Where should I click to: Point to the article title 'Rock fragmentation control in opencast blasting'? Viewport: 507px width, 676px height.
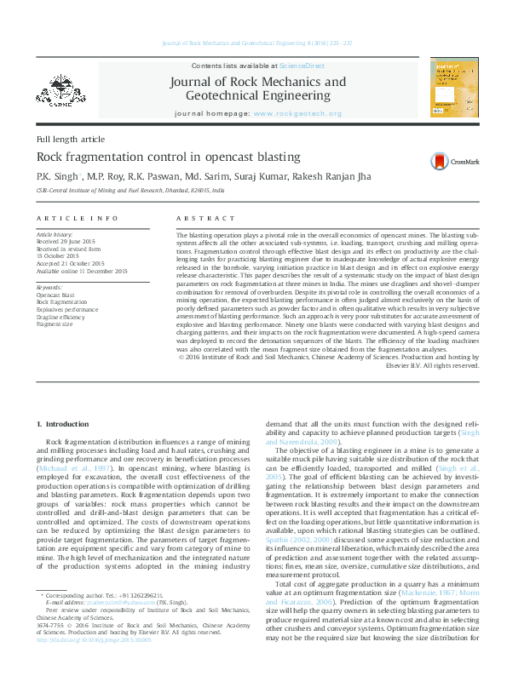point(168,157)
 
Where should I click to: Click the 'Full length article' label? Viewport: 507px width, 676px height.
point(71,138)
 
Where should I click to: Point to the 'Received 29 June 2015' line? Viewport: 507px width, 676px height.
point(65,241)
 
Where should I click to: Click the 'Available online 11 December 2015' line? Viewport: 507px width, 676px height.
point(82,271)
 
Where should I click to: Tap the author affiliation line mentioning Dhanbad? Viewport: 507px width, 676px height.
point(130,192)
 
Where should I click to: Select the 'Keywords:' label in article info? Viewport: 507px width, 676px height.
point(49,288)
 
